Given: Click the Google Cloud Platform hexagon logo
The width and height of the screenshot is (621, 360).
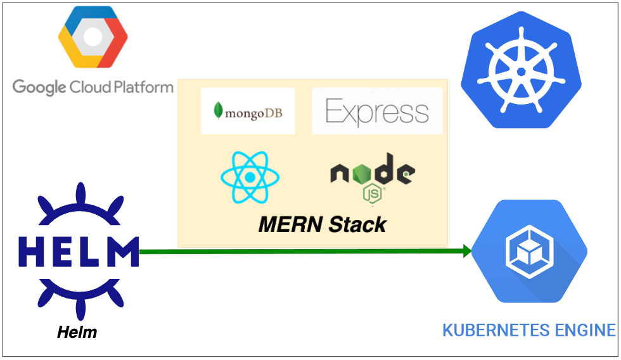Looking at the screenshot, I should tap(92, 40).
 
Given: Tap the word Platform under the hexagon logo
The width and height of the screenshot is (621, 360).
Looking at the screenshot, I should tap(142, 87).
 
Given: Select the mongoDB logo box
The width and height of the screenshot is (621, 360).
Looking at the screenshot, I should tap(248, 111).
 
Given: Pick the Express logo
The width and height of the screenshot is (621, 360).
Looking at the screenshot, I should tap(377, 112).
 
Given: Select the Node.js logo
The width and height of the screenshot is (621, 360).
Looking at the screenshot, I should tap(372, 178).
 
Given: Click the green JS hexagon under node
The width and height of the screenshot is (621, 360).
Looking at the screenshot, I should tap(372, 193).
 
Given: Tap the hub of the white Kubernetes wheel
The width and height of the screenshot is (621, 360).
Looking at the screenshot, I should tap(520, 72).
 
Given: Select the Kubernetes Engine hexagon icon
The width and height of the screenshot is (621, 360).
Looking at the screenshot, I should tap(529, 251).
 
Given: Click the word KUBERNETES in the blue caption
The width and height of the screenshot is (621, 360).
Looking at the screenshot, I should tap(488, 330).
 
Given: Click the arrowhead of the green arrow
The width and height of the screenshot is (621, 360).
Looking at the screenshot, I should tap(468, 251).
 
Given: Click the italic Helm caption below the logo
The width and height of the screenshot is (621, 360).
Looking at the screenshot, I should tap(77, 331).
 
